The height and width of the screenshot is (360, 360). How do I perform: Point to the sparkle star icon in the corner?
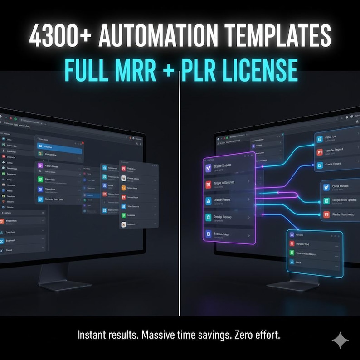point(340,340)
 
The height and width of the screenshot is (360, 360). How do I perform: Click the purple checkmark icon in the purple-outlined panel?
point(209,167)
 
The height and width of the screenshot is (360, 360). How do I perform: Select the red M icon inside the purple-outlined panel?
point(209,184)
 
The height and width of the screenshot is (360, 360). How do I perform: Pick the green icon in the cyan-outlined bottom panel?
point(292,253)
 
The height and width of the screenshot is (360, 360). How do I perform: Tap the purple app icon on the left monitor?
point(40,166)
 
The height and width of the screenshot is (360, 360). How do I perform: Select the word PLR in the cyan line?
point(201,71)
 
